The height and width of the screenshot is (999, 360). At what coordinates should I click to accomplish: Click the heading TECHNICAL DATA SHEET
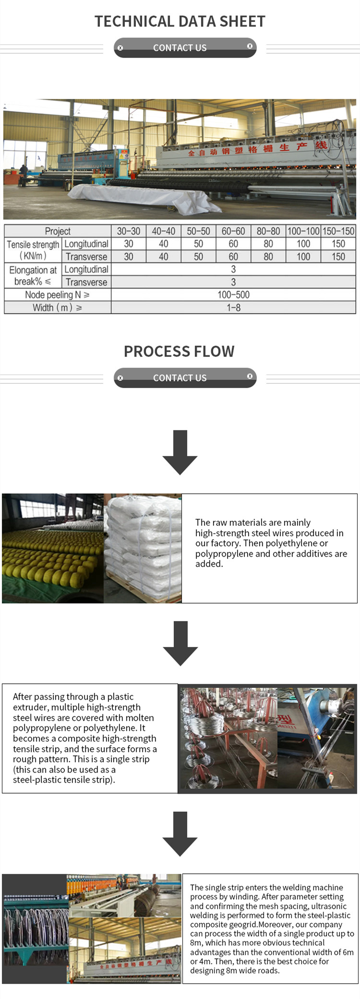[x=180, y=22]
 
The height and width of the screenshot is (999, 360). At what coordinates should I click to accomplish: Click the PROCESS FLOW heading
[x=179, y=352]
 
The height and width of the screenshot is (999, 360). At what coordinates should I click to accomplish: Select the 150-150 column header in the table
[x=338, y=231]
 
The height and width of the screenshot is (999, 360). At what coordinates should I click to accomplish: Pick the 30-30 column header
[x=129, y=231]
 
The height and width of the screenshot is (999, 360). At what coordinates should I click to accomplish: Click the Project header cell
[x=58, y=231]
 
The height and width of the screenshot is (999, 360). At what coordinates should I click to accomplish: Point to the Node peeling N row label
[x=57, y=295]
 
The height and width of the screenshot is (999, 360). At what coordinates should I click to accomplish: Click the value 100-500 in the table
[x=233, y=295]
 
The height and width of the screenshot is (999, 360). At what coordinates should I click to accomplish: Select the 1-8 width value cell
[x=233, y=308]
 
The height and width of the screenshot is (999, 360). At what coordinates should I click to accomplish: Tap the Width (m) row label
[x=57, y=308]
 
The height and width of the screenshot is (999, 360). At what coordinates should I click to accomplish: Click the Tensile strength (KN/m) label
[x=33, y=250]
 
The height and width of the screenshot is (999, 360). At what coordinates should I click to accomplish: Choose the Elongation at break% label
[x=33, y=276]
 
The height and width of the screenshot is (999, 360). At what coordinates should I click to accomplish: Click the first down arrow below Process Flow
[x=180, y=452]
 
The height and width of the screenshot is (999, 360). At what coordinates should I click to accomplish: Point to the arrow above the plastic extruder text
[x=180, y=643]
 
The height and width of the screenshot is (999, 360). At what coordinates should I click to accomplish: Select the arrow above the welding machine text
[x=180, y=833]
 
